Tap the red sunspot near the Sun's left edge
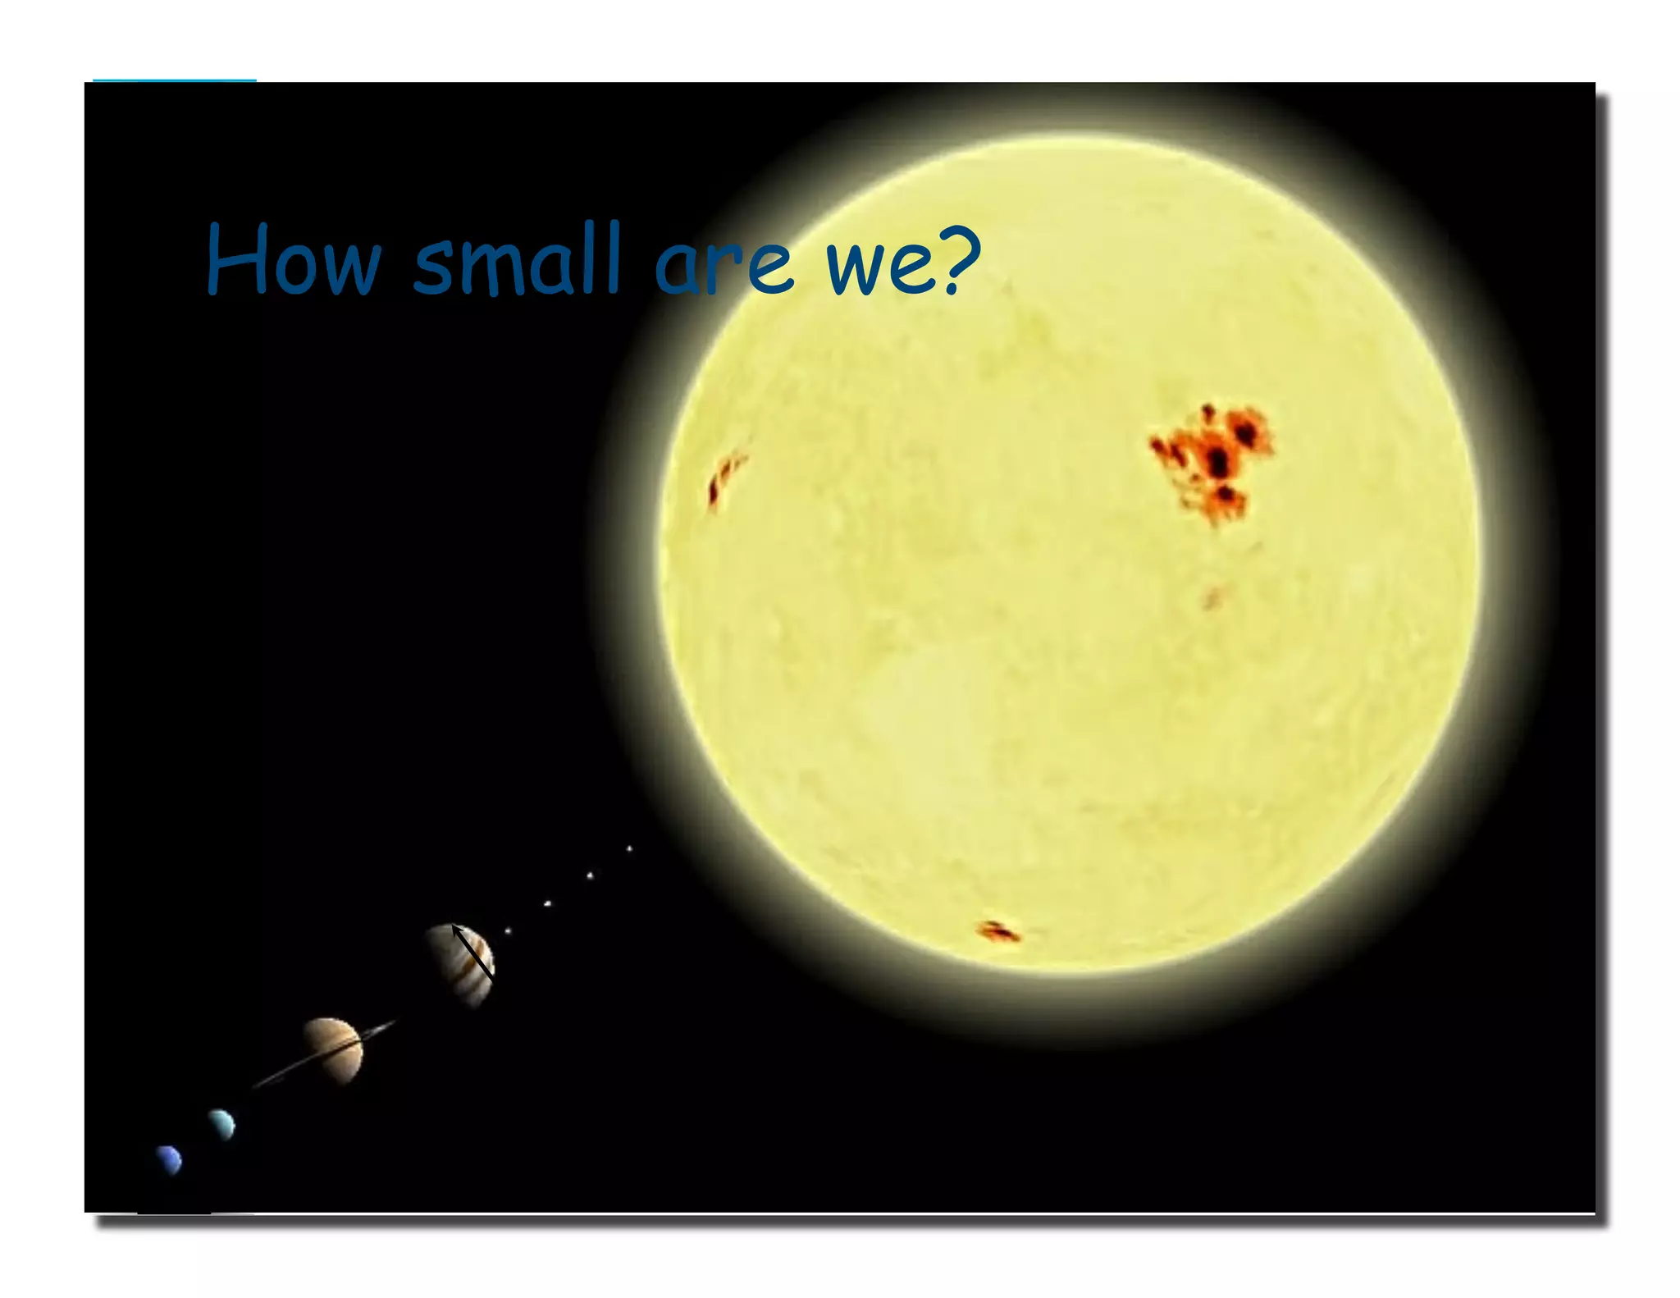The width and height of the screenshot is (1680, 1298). tap(724, 479)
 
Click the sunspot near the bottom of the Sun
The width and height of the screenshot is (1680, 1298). tap(997, 931)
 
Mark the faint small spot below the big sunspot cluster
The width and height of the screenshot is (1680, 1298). tap(1213, 598)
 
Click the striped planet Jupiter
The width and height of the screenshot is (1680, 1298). tap(460, 964)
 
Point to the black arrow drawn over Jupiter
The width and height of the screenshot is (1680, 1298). tap(472, 952)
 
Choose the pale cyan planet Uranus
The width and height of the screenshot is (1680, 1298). tap(221, 1123)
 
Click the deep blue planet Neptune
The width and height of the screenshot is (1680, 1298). tap(170, 1159)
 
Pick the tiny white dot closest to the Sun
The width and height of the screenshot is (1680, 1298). tap(629, 848)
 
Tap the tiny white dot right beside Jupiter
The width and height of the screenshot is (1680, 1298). tap(508, 930)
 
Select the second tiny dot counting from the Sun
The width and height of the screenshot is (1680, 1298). tap(589, 875)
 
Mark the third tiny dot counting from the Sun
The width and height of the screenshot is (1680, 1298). tap(547, 903)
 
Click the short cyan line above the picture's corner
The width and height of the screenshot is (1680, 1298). tap(175, 80)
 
